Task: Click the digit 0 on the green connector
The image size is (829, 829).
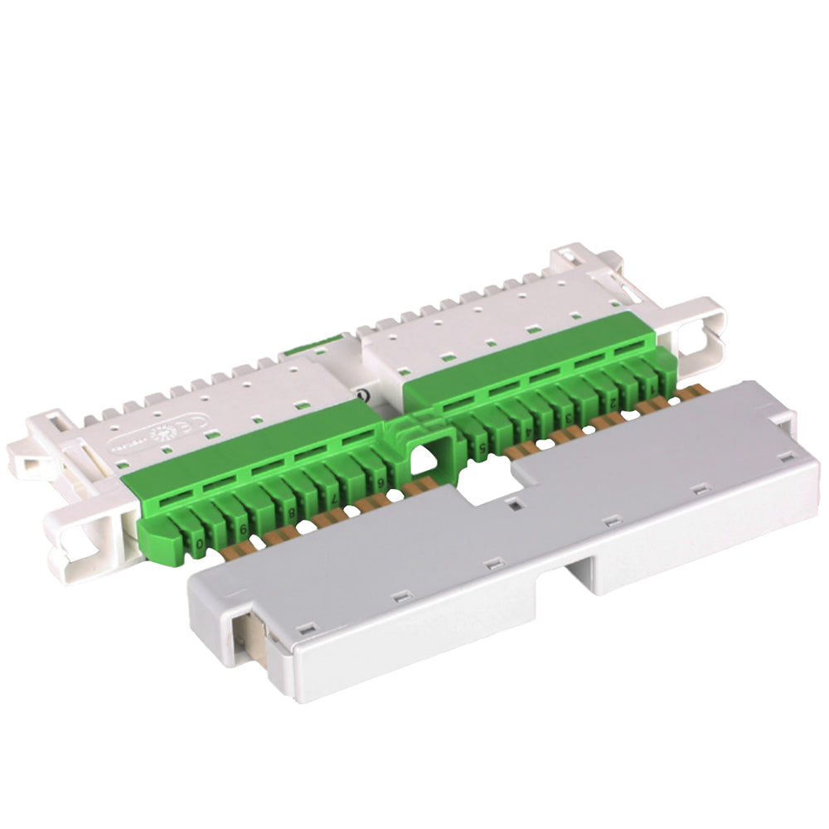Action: pyautogui.click(x=200, y=544)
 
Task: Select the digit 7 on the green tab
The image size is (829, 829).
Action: pyautogui.click(x=333, y=498)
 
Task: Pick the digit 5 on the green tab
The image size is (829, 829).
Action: pyautogui.click(x=482, y=448)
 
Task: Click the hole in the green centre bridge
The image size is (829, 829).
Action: pyautogui.click(x=423, y=456)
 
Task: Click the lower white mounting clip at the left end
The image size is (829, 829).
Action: pyautogui.click(x=83, y=539)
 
